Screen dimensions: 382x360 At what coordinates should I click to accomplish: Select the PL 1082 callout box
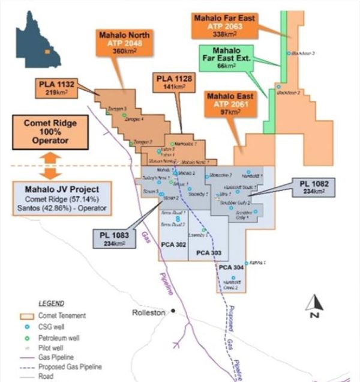(x=313, y=186)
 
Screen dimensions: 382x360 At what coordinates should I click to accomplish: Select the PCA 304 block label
(x=230, y=267)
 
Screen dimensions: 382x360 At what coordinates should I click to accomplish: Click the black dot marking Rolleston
(x=173, y=311)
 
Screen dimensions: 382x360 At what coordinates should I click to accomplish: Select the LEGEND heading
(x=51, y=303)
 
